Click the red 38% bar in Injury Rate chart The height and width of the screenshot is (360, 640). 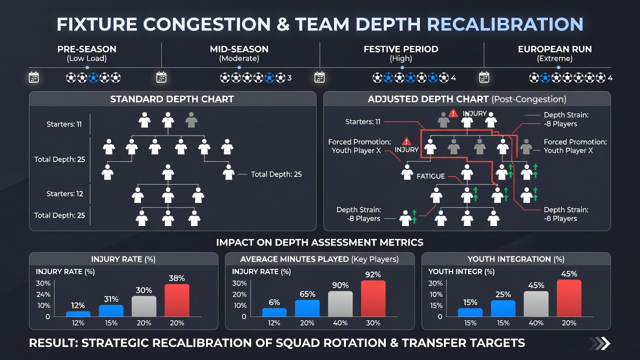(x=177, y=300)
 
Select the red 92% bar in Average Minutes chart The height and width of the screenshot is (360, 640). (x=373, y=298)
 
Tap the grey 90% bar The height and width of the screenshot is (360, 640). (x=340, y=304)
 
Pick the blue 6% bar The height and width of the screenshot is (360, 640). (x=274, y=312)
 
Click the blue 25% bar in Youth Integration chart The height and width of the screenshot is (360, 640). (x=503, y=308)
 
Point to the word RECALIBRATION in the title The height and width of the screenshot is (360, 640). (x=505, y=24)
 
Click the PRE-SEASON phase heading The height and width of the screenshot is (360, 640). (x=87, y=49)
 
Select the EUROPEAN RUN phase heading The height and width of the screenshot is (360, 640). (x=555, y=49)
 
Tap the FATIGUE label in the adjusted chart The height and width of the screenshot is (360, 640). (x=430, y=176)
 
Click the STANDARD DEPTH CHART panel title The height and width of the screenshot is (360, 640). (x=172, y=99)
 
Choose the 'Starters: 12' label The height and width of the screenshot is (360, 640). (x=65, y=193)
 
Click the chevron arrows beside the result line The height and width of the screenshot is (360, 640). (x=599, y=343)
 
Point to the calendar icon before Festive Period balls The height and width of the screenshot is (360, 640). (x=319, y=77)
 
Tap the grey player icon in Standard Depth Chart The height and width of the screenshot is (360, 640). (x=191, y=119)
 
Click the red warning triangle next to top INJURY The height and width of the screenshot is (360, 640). (x=453, y=113)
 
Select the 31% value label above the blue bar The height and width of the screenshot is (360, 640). (x=111, y=299)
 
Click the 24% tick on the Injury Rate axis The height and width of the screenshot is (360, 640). (x=43, y=294)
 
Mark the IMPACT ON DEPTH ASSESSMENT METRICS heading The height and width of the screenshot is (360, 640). (x=319, y=242)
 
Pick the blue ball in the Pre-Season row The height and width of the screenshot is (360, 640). (x=93, y=77)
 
